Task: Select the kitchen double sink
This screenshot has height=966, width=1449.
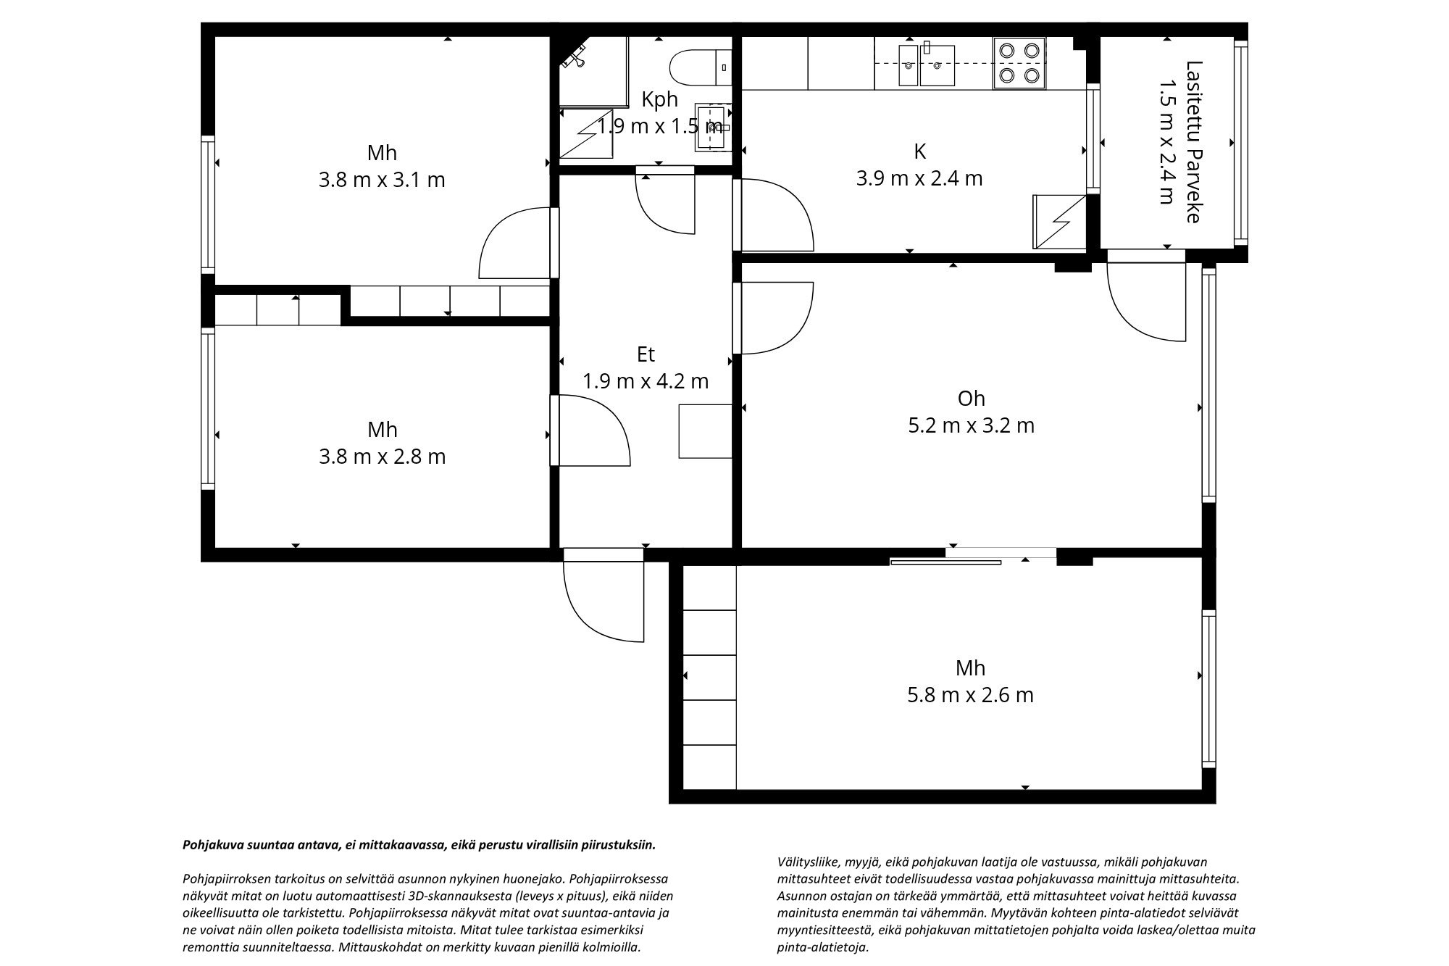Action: [927, 65]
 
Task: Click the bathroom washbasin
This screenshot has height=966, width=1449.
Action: [713, 128]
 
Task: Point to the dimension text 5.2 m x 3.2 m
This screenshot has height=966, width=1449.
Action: [971, 425]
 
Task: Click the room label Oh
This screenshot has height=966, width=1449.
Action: [971, 399]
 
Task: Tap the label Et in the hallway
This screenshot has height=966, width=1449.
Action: [646, 354]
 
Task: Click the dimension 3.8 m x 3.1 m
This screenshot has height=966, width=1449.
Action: [382, 180]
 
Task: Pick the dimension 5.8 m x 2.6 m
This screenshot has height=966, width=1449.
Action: [970, 695]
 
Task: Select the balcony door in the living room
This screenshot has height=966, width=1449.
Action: [1145, 301]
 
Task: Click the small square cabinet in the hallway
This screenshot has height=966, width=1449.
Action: [704, 431]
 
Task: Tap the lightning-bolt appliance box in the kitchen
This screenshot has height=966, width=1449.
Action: [1058, 221]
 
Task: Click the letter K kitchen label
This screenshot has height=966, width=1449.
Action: [919, 151]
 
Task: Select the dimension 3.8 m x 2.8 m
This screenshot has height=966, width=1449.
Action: [382, 457]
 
